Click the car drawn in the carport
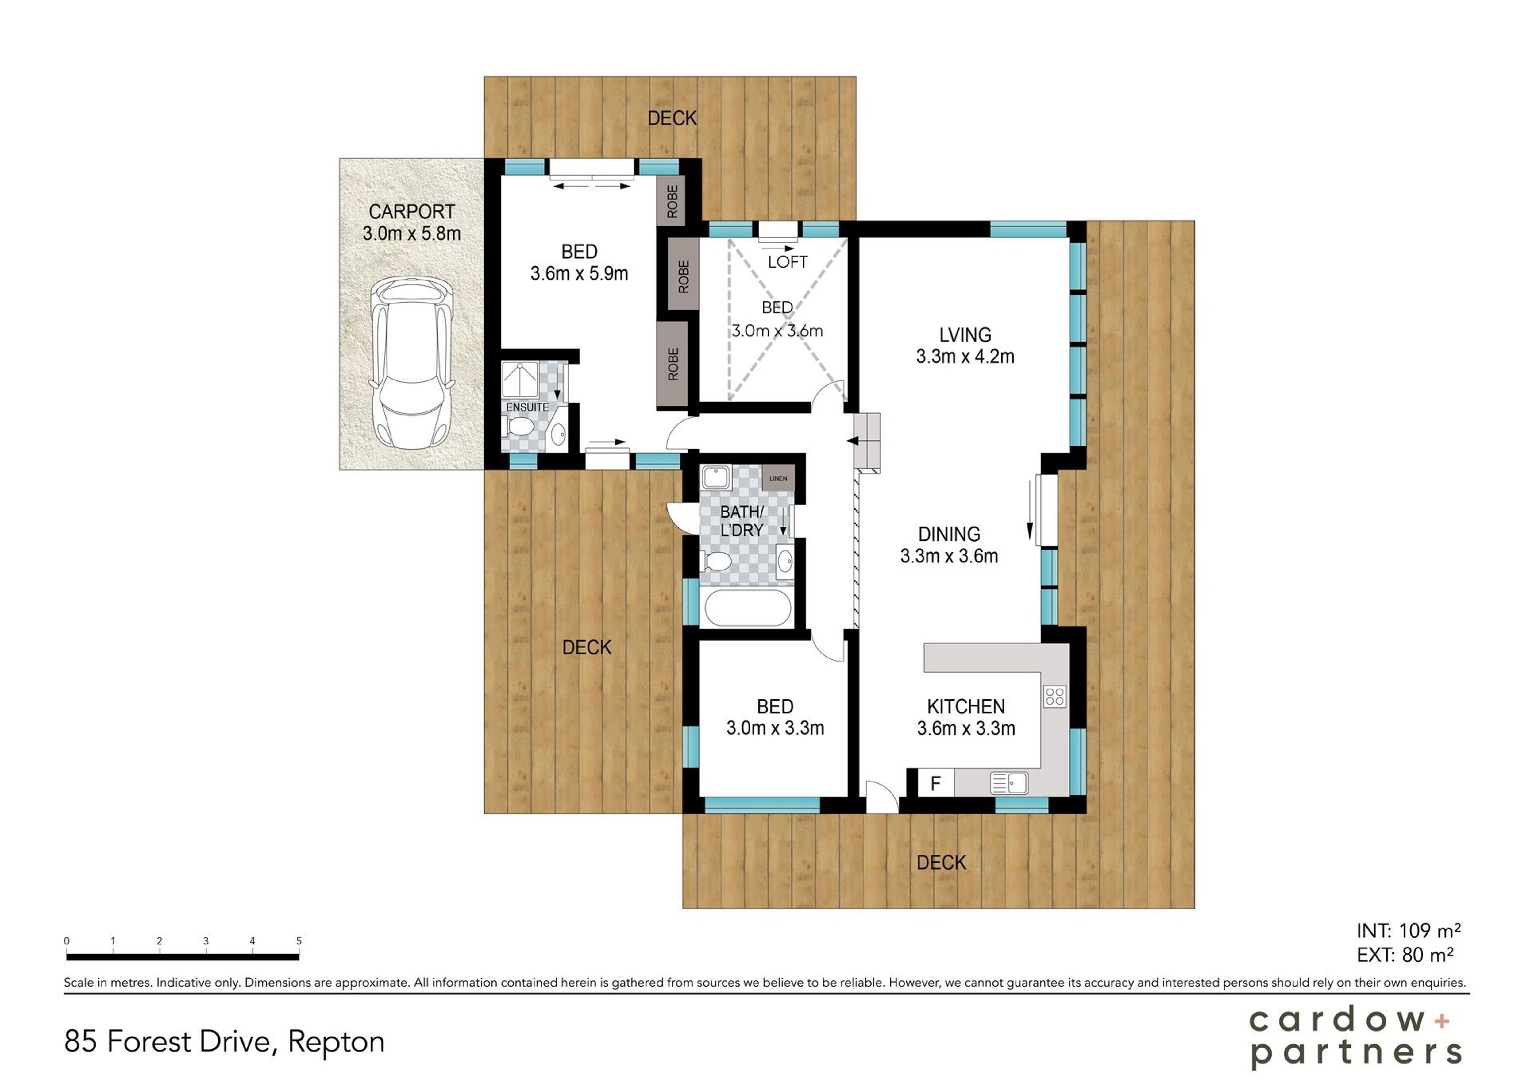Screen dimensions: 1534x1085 pos(411,363)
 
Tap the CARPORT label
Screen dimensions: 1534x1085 pos(411,212)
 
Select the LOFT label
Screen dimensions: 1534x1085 pos(788,262)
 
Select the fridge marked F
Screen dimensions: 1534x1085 pos(936,783)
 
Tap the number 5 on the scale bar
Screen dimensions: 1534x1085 pos(299,941)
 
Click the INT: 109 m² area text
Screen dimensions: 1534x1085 pos(1409,931)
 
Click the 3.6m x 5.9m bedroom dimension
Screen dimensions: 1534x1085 pos(579,274)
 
